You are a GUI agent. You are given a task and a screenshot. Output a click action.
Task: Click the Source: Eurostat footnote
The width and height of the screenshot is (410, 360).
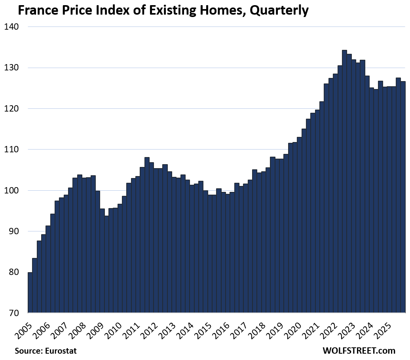[x=46, y=351]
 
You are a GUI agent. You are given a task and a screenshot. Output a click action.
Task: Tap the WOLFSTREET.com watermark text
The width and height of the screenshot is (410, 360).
[x=359, y=351]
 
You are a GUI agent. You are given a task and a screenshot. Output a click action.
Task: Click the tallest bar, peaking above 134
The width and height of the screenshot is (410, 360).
[x=344, y=182]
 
